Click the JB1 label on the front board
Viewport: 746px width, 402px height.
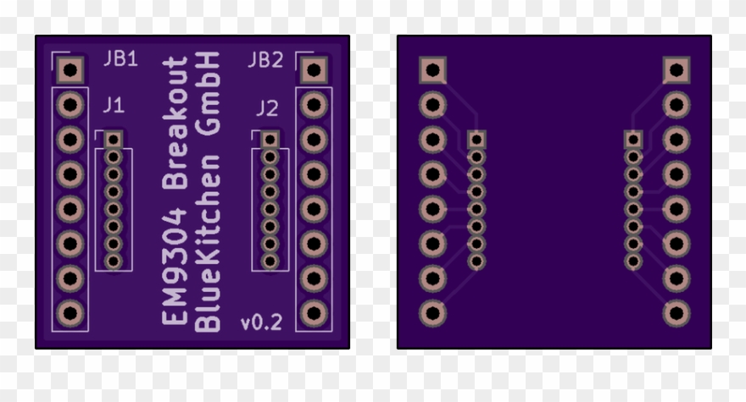[x=120, y=59]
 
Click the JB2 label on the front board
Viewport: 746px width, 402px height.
[x=264, y=59]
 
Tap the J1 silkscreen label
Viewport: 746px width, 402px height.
[x=113, y=106]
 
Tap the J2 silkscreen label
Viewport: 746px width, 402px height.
[x=266, y=108]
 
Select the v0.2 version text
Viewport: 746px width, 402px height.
[x=262, y=322]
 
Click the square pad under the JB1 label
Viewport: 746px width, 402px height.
[x=70, y=70]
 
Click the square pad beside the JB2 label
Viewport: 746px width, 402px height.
[x=314, y=70]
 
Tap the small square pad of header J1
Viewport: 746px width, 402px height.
[x=114, y=139]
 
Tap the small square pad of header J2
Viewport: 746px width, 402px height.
[x=270, y=139]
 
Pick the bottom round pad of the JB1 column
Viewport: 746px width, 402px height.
[x=70, y=313]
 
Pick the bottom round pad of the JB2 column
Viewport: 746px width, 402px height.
[x=314, y=313]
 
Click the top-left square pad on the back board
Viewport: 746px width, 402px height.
[x=432, y=70]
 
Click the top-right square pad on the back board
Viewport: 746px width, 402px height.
[x=676, y=70]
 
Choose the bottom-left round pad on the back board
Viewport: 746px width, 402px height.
[x=432, y=313]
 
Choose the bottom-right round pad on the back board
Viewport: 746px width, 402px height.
[x=676, y=313]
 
